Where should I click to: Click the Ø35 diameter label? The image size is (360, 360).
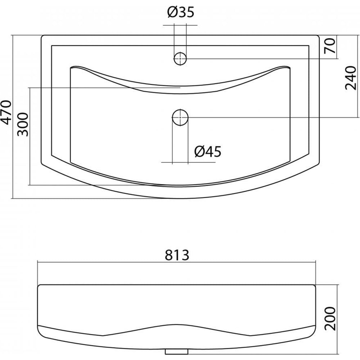tap(181, 12)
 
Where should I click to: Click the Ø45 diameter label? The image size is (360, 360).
tap(208, 152)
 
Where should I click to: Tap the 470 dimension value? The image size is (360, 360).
tap(6, 112)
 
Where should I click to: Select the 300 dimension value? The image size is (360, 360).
tap(23, 124)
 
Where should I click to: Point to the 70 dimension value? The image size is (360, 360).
tap(330, 46)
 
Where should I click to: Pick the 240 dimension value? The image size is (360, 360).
tap(351, 78)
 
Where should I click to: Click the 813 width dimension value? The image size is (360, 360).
tap(177, 255)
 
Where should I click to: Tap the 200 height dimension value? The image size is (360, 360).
tap(330, 319)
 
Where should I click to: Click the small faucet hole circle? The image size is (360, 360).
tap(180, 59)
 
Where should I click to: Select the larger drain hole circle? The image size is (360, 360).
tap(180, 117)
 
